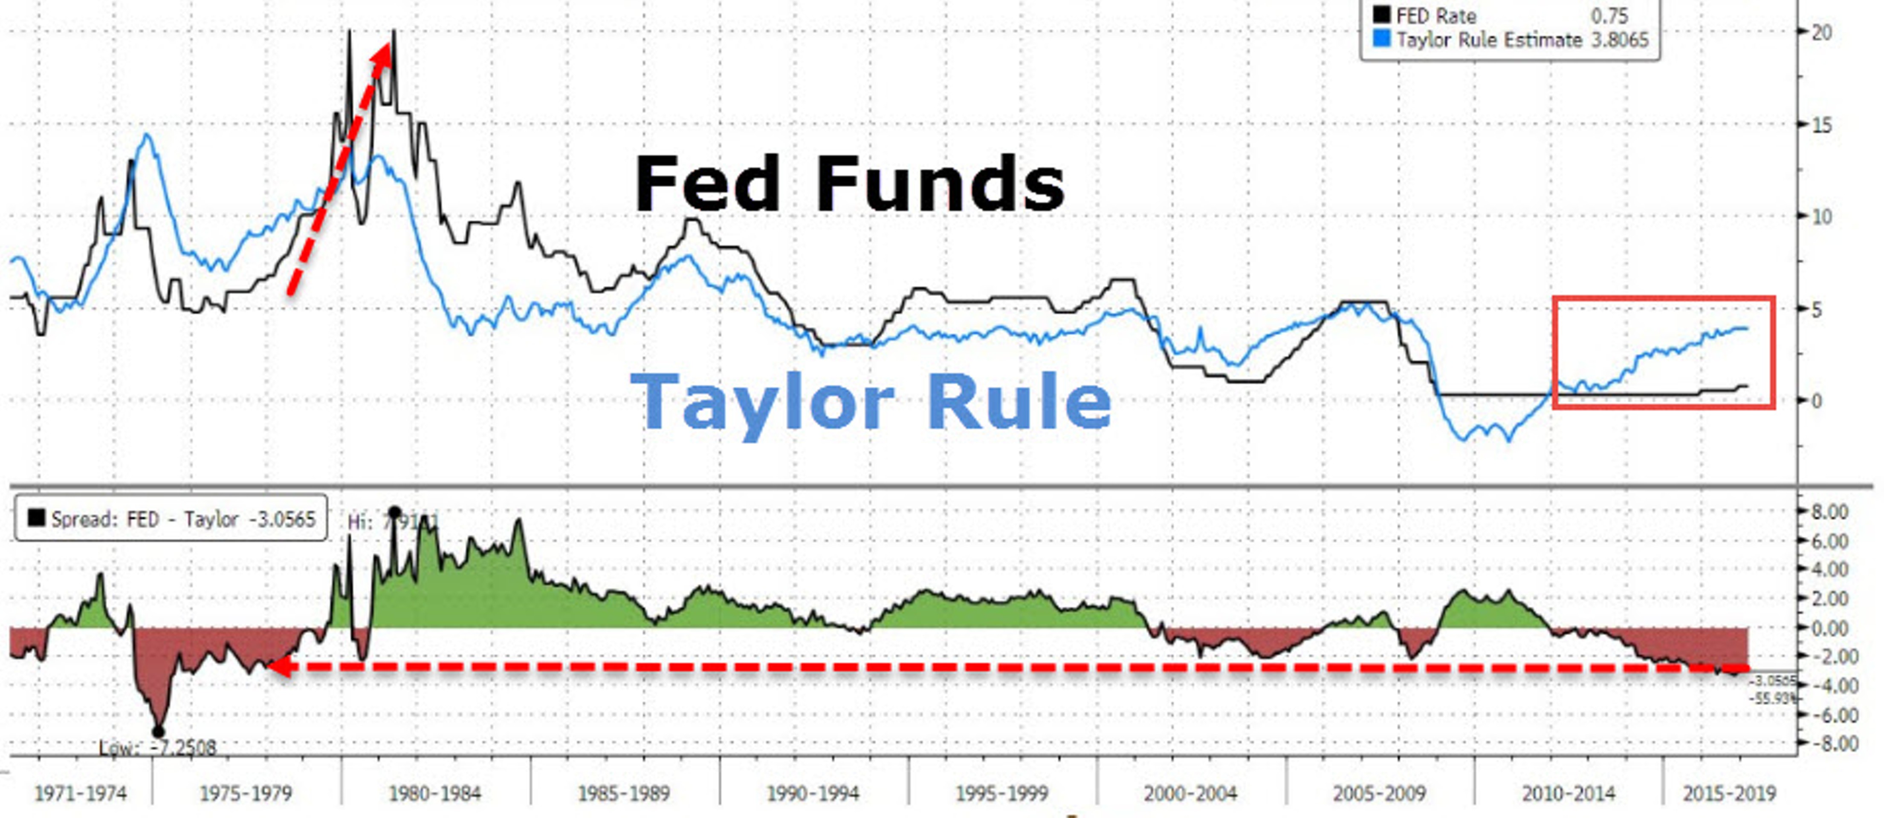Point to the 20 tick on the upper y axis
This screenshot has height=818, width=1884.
click(x=1821, y=32)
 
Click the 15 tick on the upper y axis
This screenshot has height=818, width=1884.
click(x=1821, y=125)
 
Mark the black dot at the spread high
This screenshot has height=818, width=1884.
click(x=395, y=512)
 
